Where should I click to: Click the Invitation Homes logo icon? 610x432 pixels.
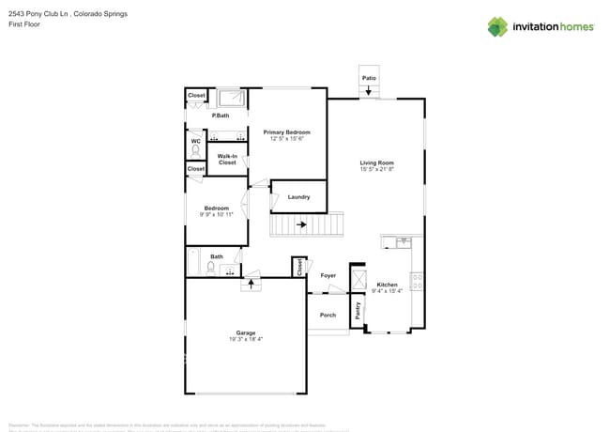(x=497, y=26)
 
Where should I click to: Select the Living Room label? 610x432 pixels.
(x=375, y=162)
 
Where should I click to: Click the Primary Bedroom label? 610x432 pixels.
(x=286, y=132)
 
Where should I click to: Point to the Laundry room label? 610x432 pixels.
(x=298, y=196)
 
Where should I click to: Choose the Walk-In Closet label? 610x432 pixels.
(x=227, y=160)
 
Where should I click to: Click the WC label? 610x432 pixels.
(x=195, y=142)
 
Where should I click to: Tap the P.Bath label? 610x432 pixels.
(x=221, y=116)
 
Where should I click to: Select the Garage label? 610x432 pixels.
(x=246, y=332)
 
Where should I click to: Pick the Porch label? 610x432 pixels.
(x=328, y=315)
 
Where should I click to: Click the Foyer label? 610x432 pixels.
(x=328, y=275)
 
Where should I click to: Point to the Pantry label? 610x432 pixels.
(x=358, y=311)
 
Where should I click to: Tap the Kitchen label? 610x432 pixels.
(x=387, y=284)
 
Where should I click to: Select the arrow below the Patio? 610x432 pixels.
(x=369, y=92)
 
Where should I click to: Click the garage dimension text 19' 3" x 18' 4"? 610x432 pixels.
(x=246, y=339)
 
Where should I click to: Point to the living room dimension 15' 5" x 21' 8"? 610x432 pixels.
(x=375, y=169)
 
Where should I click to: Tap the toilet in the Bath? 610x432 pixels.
(x=211, y=268)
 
